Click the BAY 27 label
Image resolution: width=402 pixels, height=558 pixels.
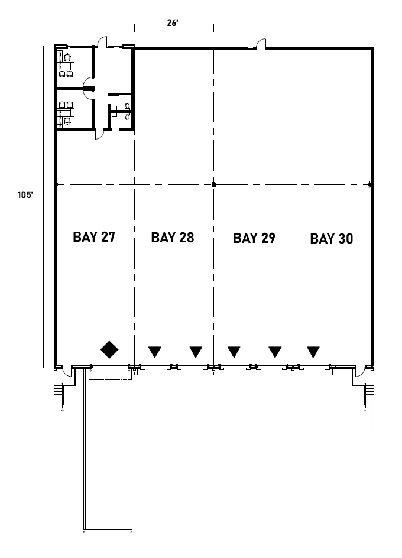[x=94, y=237]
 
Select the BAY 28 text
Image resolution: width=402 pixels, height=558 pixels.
[x=173, y=238]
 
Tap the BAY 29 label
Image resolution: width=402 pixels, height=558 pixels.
[x=254, y=238]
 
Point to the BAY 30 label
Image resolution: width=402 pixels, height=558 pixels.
[x=332, y=239]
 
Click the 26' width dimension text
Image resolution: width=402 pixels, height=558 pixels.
[x=173, y=23]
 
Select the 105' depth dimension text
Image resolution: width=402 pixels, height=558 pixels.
[x=25, y=196]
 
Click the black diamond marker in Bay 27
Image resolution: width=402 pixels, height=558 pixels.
[x=109, y=350]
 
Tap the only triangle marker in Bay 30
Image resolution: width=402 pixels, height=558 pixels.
[x=313, y=352]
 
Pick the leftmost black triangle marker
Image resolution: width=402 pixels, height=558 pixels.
[x=155, y=352]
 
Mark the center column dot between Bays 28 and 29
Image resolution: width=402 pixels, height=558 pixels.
[x=213, y=185]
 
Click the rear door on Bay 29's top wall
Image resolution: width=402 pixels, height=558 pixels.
[x=261, y=44]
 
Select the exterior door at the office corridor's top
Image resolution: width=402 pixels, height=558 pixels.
[x=102, y=43]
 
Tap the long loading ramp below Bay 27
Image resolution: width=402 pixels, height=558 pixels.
[x=107, y=455]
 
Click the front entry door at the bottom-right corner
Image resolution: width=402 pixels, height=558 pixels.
[x=359, y=372]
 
